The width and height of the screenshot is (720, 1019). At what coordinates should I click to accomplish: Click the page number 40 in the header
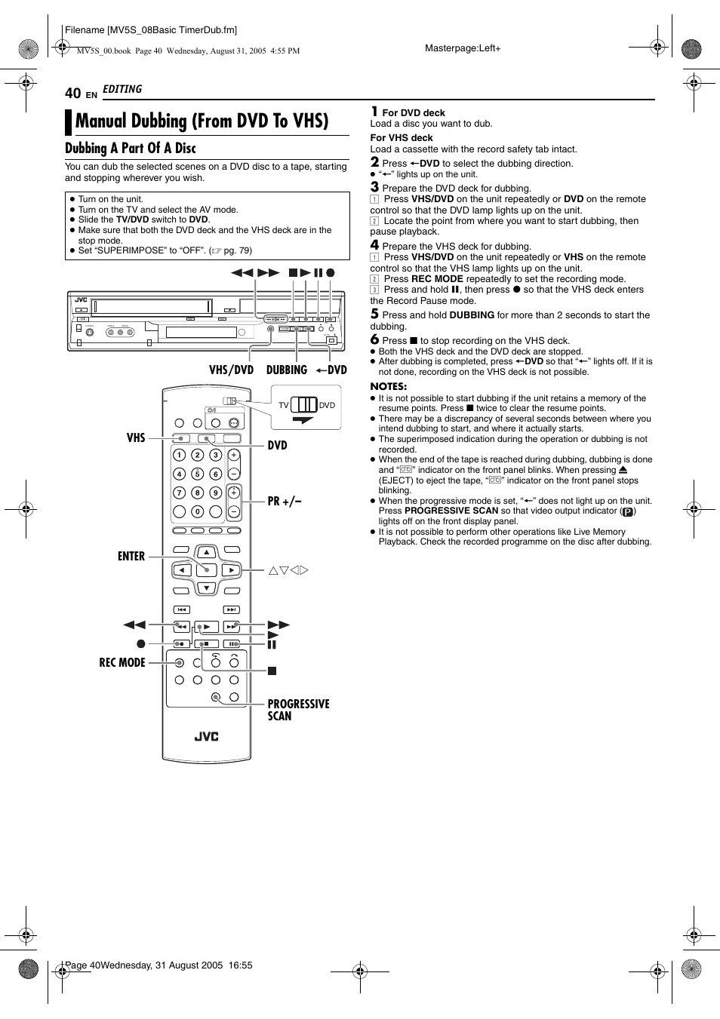tap(72, 93)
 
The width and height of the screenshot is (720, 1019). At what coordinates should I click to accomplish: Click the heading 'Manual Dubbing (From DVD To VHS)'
tap(202, 121)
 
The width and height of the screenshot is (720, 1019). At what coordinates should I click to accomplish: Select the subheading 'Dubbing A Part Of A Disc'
tap(130, 149)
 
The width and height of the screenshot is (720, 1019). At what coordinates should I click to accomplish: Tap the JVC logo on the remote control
tap(206, 736)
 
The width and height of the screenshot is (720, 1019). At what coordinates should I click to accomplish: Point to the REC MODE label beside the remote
tap(122, 662)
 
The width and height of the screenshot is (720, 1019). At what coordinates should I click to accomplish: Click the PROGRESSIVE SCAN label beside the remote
tap(298, 710)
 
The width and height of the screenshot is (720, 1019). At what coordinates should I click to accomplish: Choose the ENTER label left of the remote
tap(131, 556)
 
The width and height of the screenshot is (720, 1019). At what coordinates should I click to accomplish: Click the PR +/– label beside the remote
tap(285, 501)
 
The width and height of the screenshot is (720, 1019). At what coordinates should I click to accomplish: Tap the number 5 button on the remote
tap(197, 474)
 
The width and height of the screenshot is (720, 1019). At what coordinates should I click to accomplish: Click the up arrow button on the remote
tap(206, 552)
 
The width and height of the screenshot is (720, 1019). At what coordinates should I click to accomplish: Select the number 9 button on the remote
tap(215, 493)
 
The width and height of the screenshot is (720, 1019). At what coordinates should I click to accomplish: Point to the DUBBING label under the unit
tap(287, 370)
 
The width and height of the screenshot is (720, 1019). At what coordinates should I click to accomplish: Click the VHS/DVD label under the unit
tap(231, 370)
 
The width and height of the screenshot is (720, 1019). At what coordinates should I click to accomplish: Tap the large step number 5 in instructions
tap(374, 314)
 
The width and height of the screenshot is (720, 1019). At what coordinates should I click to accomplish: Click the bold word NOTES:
tap(388, 386)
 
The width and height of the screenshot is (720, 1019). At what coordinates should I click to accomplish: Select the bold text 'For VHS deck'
tap(402, 138)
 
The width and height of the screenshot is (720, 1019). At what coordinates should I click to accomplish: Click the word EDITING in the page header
tap(122, 89)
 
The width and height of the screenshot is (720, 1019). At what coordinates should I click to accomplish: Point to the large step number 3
tap(374, 187)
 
